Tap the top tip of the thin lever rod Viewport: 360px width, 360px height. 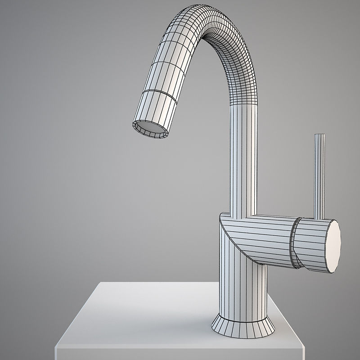[x=319, y=135]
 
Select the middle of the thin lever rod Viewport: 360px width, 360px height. [x=319, y=175]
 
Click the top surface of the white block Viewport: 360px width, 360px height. [x=148, y=315]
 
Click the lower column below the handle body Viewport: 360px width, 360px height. [x=243, y=288]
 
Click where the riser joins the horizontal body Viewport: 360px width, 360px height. [x=243, y=214]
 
